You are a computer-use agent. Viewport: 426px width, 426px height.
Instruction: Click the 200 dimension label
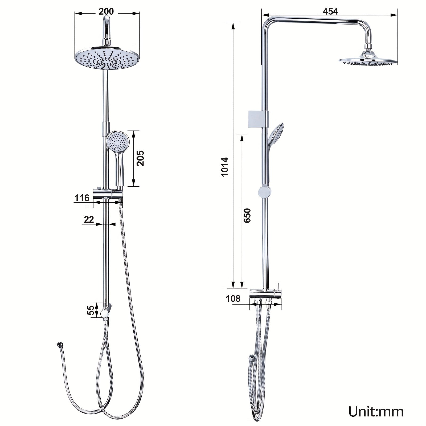[x=106, y=11]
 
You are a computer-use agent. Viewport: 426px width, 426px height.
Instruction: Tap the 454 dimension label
[x=330, y=11]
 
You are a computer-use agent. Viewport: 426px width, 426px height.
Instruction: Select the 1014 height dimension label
[x=225, y=167]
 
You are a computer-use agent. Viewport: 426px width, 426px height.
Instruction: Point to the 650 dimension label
[x=247, y=216]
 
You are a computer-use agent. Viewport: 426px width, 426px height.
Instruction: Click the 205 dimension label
[x=140, y=158]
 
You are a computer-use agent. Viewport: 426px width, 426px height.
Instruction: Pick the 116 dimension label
[x=82, y=198]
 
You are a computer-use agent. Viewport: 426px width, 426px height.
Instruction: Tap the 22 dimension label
[x=89, y=220]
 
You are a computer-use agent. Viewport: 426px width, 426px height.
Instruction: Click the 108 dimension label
[x=233, y=299]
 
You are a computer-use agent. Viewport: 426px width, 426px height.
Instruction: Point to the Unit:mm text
[x=376, y=412]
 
